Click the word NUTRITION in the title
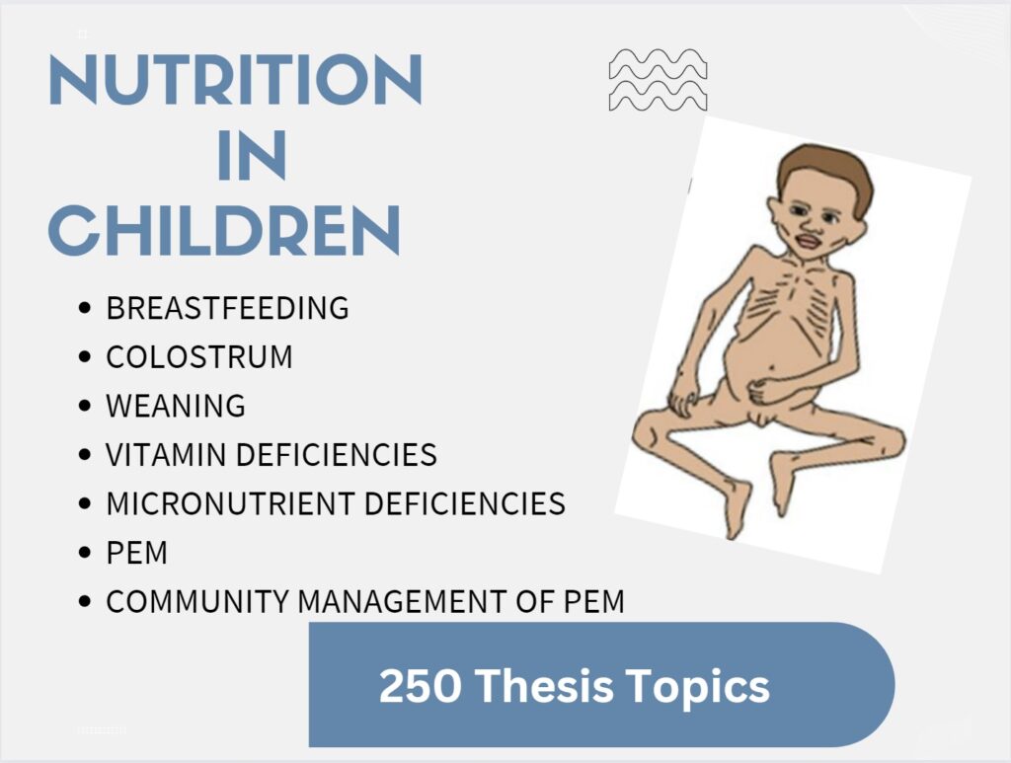235,81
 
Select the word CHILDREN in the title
225,231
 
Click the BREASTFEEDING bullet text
227,308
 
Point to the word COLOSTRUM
199,356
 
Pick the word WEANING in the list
176,406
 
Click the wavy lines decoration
658,79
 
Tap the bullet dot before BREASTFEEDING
85,309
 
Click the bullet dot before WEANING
85,407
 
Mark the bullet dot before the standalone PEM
85,554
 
